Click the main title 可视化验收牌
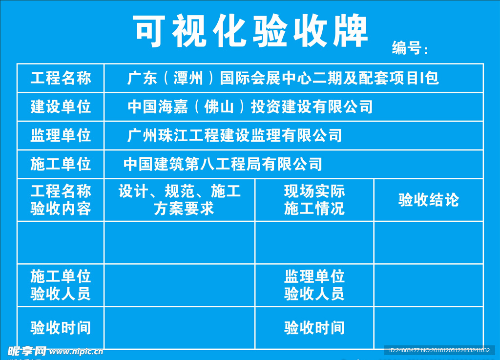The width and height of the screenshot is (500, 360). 250,30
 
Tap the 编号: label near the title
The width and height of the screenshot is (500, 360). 409,48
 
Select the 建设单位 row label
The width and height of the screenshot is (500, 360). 61,106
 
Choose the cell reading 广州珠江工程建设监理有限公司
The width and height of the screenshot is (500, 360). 234,135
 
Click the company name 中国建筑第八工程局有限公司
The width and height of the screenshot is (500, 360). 223,164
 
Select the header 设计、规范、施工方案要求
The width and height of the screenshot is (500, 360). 180,200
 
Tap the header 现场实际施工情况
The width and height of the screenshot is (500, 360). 314,200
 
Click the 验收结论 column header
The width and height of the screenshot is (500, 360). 429,200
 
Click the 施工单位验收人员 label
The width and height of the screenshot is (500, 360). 61,285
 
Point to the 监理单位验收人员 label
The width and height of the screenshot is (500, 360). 314,285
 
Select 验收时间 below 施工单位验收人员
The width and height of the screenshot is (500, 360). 61,328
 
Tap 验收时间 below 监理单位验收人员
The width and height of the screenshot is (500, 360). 314,328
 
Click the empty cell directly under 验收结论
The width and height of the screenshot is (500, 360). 429,242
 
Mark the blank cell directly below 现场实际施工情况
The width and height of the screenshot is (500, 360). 314,242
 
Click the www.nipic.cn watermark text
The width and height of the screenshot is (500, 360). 76,351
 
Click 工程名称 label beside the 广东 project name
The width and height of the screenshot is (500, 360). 61,78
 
